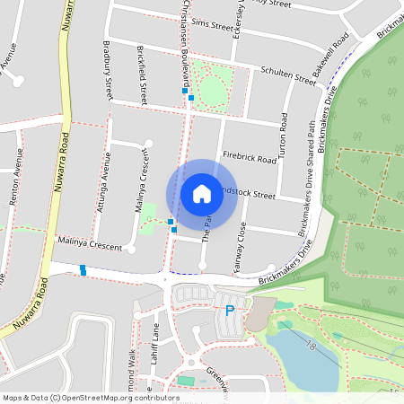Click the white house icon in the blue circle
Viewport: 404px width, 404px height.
pyautogui.click(x=201, y=193)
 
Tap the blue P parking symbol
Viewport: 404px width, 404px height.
pyautogui.click(x=229, y=311)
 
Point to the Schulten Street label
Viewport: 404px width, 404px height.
pyautogui.click(x=288, y=75)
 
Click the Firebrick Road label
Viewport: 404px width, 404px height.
pyautogui.click(x=250, y=157)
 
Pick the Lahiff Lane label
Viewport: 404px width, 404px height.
pyautogui.click(x=155, y=340)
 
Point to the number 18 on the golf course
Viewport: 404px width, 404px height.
pyautogui.click(x=311, y=345)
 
